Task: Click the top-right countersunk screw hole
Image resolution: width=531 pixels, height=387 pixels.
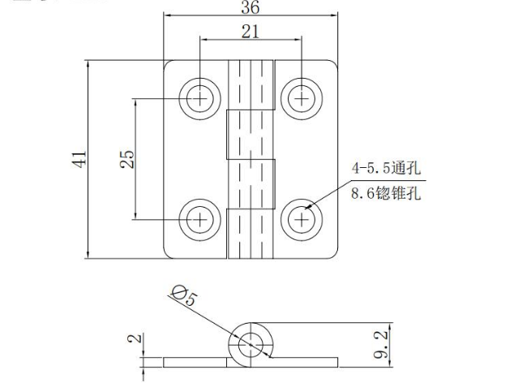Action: coord(301,99)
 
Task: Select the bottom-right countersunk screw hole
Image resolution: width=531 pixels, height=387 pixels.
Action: coord(301,218)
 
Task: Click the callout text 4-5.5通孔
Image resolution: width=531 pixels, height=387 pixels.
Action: coord(387,169)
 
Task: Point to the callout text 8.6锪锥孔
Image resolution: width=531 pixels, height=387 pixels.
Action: coord(387,195)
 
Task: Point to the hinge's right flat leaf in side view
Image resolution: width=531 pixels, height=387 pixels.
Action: coord(308,361)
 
